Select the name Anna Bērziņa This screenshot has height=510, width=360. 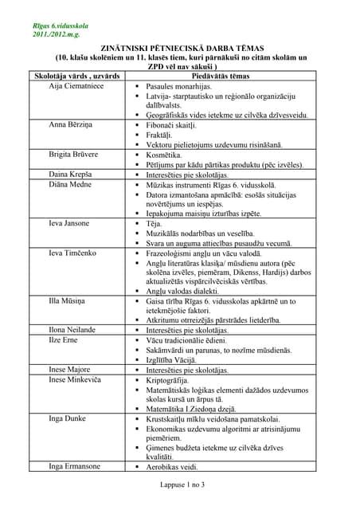[x=69, y=126]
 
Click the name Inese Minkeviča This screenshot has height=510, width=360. [x=76, y=380]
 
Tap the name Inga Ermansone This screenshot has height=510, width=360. [x=76, y=466]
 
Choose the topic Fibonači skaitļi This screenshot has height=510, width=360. [x=178, y=126]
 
